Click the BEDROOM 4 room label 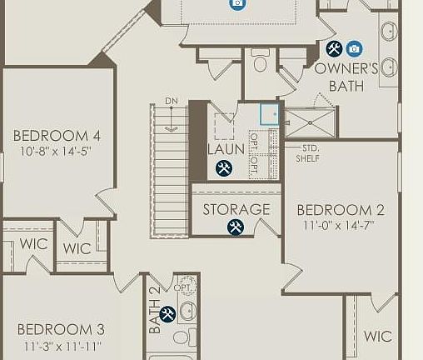click(57, 136)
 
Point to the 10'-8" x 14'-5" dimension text click(57, 152)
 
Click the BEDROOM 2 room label click(341, 210)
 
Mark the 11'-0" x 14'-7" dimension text click(341, 226)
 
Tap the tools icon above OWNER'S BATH click(334, 48)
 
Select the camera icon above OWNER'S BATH click(354, 48)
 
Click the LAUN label click(226, 149)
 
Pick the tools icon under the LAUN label click(224, 168)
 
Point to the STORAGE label click(236, 209)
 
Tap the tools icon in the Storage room click(236, 226)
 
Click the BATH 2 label click(155, 310)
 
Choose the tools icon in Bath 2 click(167, 313)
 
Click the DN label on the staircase click(172, 102)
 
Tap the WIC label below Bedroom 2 click(378, 337)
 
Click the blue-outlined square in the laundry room click(270, 114)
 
